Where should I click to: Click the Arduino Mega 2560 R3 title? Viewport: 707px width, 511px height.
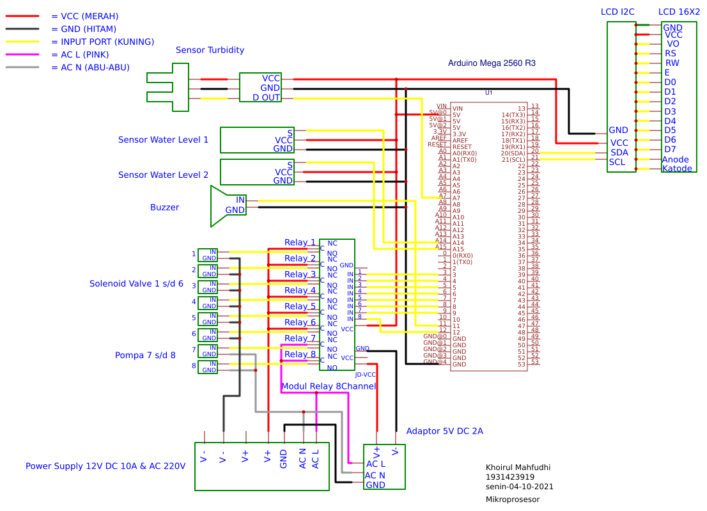click(x=492, y=63)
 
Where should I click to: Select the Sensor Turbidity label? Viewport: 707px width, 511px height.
click(x=210, y=50)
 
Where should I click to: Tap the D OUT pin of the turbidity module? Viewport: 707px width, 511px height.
click(x=266, y=98)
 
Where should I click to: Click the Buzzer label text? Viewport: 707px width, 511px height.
click(x=164, y=207)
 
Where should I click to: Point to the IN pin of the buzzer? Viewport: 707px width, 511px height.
click(x=240, y=200)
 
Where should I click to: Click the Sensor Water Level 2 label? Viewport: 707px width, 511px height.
click(x=163, y=175)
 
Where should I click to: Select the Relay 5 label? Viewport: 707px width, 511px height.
click(x=300, y=306)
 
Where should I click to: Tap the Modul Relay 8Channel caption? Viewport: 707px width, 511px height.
click(x=329, y=386)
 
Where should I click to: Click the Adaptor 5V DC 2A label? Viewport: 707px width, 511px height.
click(x=444, y=431)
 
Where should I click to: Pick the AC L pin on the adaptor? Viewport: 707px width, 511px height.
click(x=376, y=464)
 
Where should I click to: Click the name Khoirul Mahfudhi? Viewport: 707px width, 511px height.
click(x=518, y=468)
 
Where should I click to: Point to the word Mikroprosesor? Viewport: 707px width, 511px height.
click(x=512, y=499)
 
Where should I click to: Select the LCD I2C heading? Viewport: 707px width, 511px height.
click(x=618, y=12)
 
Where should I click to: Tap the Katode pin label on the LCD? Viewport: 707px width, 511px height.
click(x=677, y=169)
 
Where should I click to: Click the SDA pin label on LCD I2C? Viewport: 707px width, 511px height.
click(x=619, y=152)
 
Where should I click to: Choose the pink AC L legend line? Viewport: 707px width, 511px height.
click(x=22, y=54)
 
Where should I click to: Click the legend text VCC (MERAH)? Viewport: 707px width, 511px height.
click(x=84, y=16)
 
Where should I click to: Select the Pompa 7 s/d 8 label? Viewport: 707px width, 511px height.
click(x=145, y=355)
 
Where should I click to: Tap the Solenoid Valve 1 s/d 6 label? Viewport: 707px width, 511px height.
click(x=136, y=283)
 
